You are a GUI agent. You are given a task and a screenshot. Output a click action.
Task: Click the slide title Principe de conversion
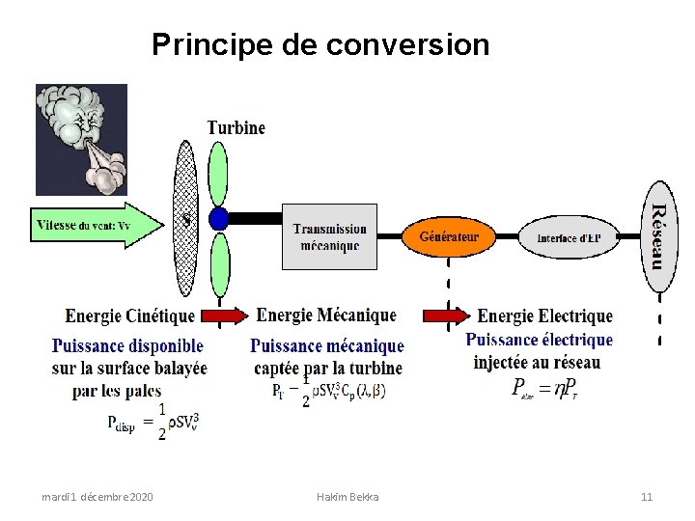click(320, 44)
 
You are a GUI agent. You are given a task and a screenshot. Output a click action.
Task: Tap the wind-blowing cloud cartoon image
click(81, 139)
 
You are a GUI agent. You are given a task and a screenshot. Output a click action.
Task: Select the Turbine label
click(236, 127)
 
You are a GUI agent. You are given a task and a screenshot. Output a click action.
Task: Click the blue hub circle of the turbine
click(219, 219)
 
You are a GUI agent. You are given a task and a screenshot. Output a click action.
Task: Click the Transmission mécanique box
click(329, 236)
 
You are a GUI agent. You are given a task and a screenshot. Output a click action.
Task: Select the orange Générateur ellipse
click(448, 235)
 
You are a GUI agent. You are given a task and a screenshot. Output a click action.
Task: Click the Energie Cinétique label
click(129, 315)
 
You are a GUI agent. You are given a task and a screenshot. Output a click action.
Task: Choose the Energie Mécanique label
click(326, 315)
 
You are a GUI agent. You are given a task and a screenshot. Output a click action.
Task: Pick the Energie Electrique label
click(545, 315)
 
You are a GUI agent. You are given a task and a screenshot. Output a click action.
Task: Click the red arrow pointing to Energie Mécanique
click(225, 315)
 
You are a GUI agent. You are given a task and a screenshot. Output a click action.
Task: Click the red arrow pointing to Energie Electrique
click(446, 315)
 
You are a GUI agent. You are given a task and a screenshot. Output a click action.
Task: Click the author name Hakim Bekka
click(347, 497)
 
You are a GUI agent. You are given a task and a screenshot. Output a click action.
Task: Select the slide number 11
click(647, 497)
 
